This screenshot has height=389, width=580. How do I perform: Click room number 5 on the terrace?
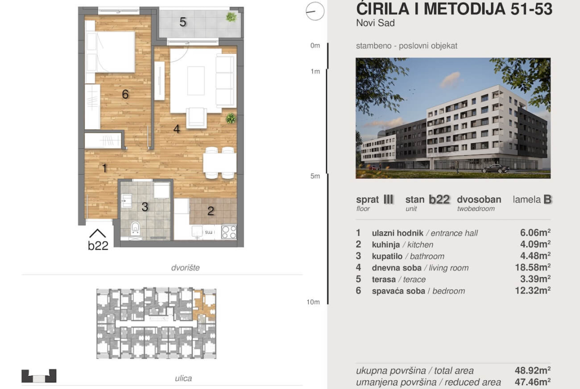point(183,22)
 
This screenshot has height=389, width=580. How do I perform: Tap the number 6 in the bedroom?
point(125,94)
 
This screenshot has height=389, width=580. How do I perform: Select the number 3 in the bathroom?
point(145,207)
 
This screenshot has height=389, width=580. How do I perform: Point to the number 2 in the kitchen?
point(211,211)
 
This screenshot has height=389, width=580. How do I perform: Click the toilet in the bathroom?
point(135,228)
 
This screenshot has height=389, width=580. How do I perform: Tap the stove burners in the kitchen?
point(229,232)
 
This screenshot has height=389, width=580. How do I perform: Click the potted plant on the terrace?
point(231,17)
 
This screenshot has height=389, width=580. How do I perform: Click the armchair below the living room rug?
point(196,117)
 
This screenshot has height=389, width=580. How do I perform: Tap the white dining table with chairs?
point(220,163)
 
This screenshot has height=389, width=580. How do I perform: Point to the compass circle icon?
point(315,11)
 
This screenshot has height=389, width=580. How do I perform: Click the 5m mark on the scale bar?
point(315,176)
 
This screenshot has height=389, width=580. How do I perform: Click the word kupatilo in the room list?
point(387,256)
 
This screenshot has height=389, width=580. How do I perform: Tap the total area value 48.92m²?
point(532,370)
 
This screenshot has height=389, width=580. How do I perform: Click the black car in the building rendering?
point(496,169)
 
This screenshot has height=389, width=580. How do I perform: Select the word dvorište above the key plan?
point(185,268)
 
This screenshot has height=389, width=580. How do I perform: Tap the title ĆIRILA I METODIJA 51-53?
point(454,9)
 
